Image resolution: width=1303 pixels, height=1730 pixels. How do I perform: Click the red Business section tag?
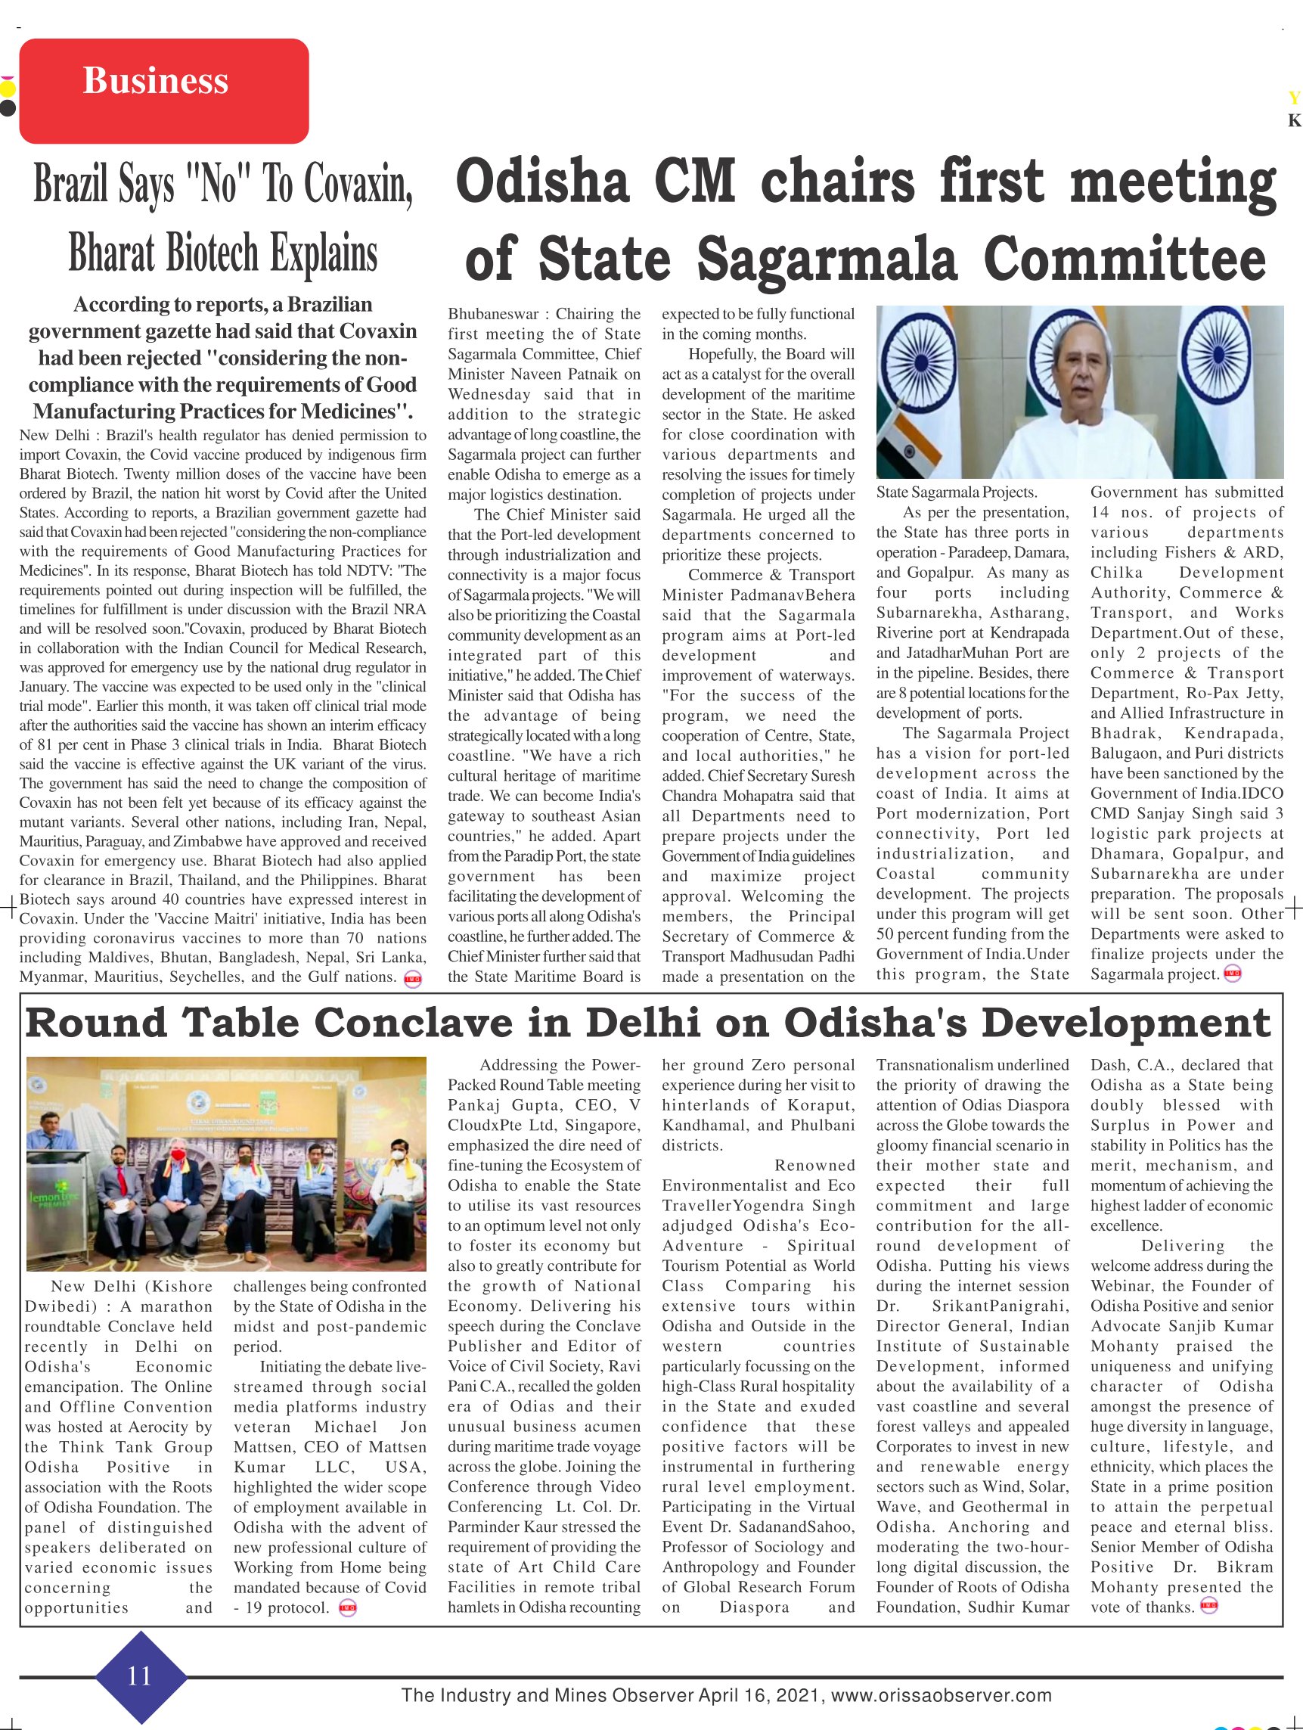pos(163,91)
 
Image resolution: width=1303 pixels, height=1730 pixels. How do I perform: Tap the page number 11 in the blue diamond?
pos(139,1676)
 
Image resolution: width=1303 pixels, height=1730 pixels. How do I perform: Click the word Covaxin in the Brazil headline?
pos(357,185)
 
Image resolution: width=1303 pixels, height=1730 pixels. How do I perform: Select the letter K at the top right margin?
pos(1295,120)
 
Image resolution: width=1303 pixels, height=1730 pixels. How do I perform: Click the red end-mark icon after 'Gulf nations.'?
pos(412,979)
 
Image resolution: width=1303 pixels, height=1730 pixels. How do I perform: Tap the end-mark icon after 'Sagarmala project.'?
pos(1233,974)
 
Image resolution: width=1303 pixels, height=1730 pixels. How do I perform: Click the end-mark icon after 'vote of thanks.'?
pos(1209,1607)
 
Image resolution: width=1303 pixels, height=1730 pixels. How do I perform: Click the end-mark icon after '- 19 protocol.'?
pos(347,1608)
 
